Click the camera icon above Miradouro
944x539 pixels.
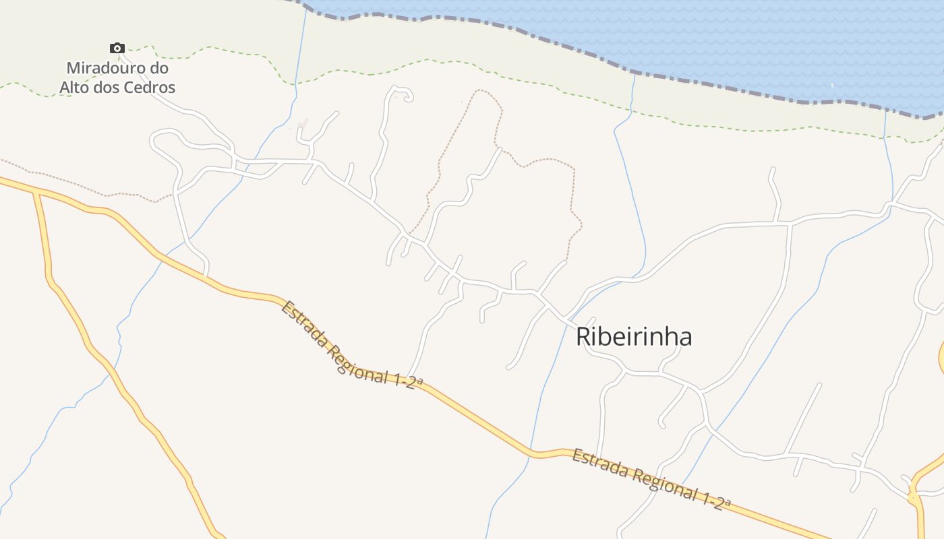coord(117,48)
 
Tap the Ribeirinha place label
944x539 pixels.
coord(633,337)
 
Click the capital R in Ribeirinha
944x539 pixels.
coord(584,337)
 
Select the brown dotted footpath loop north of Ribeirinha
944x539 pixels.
coord(539,160)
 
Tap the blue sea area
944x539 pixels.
coord(742,40)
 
